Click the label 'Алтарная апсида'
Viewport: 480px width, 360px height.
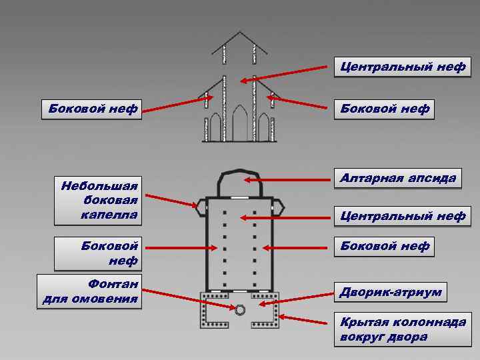pos(398,178)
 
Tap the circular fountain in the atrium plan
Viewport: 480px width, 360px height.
pos(240,309)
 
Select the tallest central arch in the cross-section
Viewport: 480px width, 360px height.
pos(240,126)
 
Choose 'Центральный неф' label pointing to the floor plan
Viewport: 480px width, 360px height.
pos(403,216)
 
